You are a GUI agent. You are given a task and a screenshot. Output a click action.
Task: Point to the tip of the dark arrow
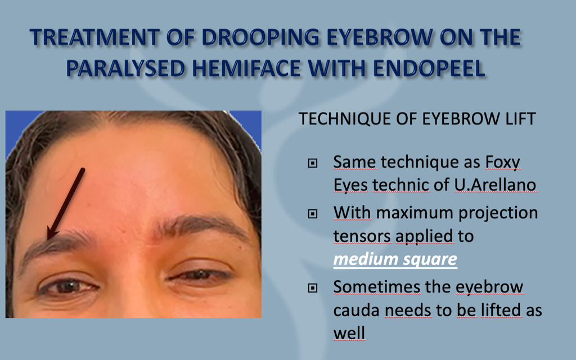coord(49,238)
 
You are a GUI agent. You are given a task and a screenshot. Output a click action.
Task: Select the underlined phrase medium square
coord(395,259)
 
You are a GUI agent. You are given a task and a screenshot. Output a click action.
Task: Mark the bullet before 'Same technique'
coord(313,164)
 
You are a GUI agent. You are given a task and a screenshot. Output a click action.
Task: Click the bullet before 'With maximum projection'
coord(313,214)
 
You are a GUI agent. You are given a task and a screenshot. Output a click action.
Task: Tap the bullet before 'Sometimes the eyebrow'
coord(313,289)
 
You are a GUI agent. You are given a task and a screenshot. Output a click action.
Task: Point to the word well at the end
coord(349,333)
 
